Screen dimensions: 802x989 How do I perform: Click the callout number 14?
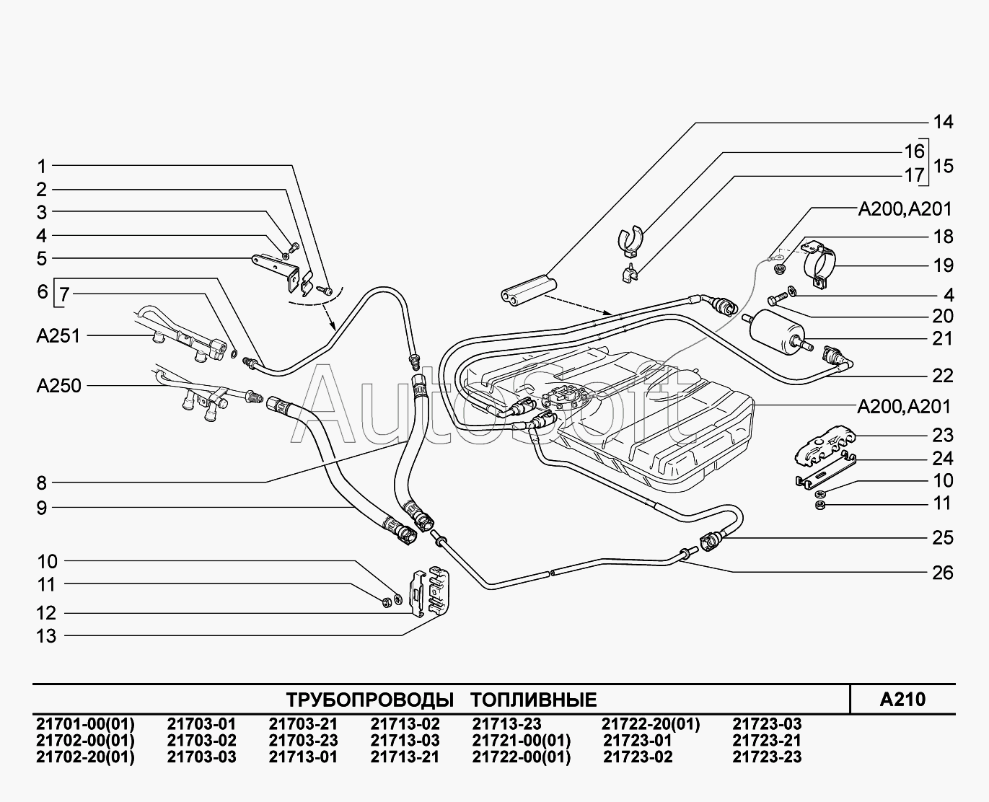(943, 122)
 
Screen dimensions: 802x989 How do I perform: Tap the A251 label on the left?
(59, 335)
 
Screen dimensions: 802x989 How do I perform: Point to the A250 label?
(59, 385)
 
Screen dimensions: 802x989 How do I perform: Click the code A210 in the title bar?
(902, 699)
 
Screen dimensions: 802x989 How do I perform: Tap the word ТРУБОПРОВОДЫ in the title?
(369, 700)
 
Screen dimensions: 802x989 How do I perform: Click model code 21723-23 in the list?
(767, 757)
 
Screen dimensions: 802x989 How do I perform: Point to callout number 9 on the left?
(42, 508)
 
